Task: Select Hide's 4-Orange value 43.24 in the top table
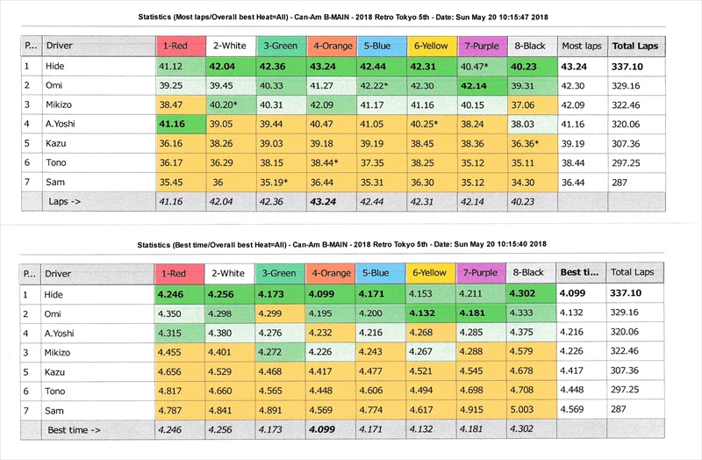[x=326, y=66]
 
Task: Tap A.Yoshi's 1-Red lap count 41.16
[x=172, y=125]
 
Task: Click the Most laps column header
[x=582, y=45]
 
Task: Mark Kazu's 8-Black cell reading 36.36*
[x=525, y=144]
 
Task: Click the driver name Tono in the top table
[x=56, y=163]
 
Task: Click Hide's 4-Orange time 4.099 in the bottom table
[x=326, y=294]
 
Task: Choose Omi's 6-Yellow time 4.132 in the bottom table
[x=428, y=313]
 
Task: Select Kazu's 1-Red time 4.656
[x=172, y=371]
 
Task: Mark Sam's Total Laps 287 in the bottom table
[x=619, y=410]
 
